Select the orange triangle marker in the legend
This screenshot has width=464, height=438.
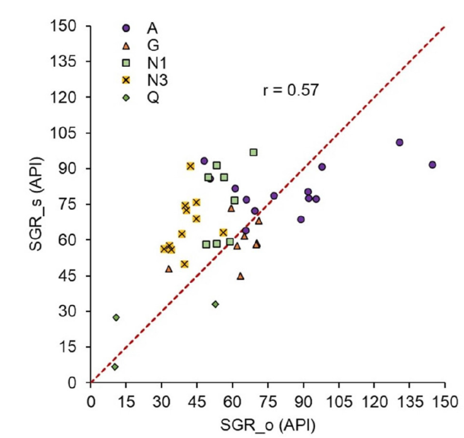(126, 45)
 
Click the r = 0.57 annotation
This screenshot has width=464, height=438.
(291, 90)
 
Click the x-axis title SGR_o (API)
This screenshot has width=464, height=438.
(268, 422)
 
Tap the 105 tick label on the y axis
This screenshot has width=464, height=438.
(65, 134)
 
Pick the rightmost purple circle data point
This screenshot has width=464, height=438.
(432, 164)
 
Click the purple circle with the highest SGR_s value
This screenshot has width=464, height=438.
(399, 142)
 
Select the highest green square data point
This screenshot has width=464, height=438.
(253, 152)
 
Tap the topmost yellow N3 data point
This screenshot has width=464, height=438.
(190, 166)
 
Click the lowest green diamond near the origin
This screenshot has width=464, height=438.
(115, 367)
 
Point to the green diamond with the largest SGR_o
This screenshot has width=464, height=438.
(216, 304)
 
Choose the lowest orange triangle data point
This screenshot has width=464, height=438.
(240, 276)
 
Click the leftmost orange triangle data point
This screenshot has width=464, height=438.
(168, 268)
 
